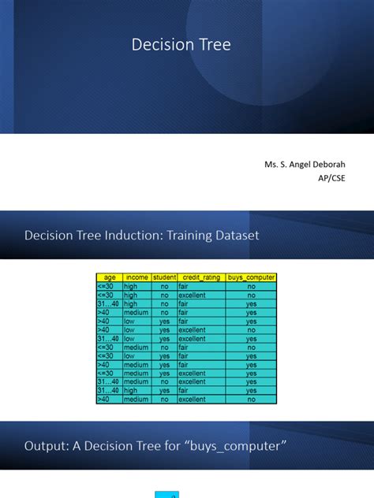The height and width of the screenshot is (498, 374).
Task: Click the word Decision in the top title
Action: coord(158,45)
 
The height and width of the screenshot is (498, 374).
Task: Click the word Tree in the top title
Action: coord(215,45)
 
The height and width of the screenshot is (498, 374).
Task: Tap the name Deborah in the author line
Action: coord(326,165)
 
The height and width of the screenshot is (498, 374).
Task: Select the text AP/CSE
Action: coord(331,178)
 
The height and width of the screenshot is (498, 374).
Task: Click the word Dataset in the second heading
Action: coord(234,235)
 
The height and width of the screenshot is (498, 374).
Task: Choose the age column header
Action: coord(109,277)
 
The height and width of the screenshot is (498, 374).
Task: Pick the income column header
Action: coord(136,277)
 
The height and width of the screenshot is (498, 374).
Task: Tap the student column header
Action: coord(164,277)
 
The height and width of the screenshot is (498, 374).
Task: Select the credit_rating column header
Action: coord(200,277)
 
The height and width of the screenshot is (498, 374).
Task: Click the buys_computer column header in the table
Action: coord(251,277)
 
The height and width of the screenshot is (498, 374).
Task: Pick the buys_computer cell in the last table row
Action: coord(251,400)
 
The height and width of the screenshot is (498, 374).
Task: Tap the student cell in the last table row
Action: coord(164,400)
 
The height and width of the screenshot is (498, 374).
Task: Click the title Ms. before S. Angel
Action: coord(273,165)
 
